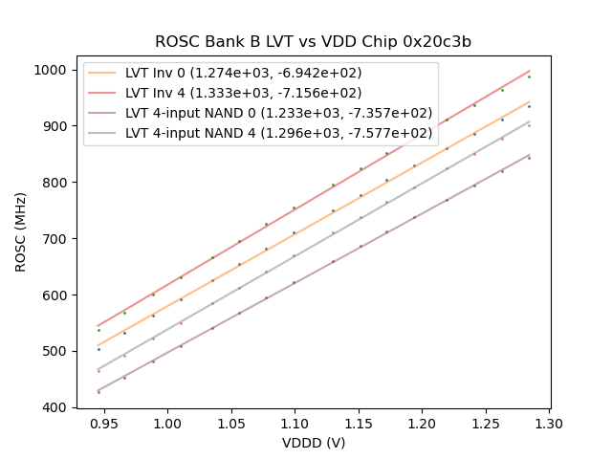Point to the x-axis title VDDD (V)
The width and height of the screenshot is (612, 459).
tap(313, 443)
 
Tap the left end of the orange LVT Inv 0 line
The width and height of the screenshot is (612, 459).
tap(98, 345)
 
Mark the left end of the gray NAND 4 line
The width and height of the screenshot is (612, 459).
tap(98, 369)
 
